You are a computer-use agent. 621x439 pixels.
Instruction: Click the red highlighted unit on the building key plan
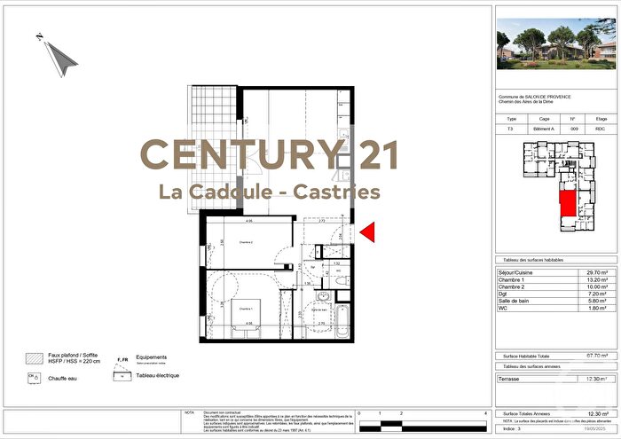pyautogui.click(x=564, y=207)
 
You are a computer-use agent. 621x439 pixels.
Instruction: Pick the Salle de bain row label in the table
pyautogui.click(x=517, y=301)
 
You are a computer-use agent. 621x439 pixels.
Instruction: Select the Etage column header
pyautogui.click(x=601, y=118)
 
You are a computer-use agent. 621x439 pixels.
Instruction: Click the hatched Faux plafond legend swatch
pyautogui.click(x=33, y=359)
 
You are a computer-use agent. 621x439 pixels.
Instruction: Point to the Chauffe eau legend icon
pyautogui.click(x=34, y=377)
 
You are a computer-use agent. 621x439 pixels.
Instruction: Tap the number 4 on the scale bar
pyautogui.click(x=485, y=414)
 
